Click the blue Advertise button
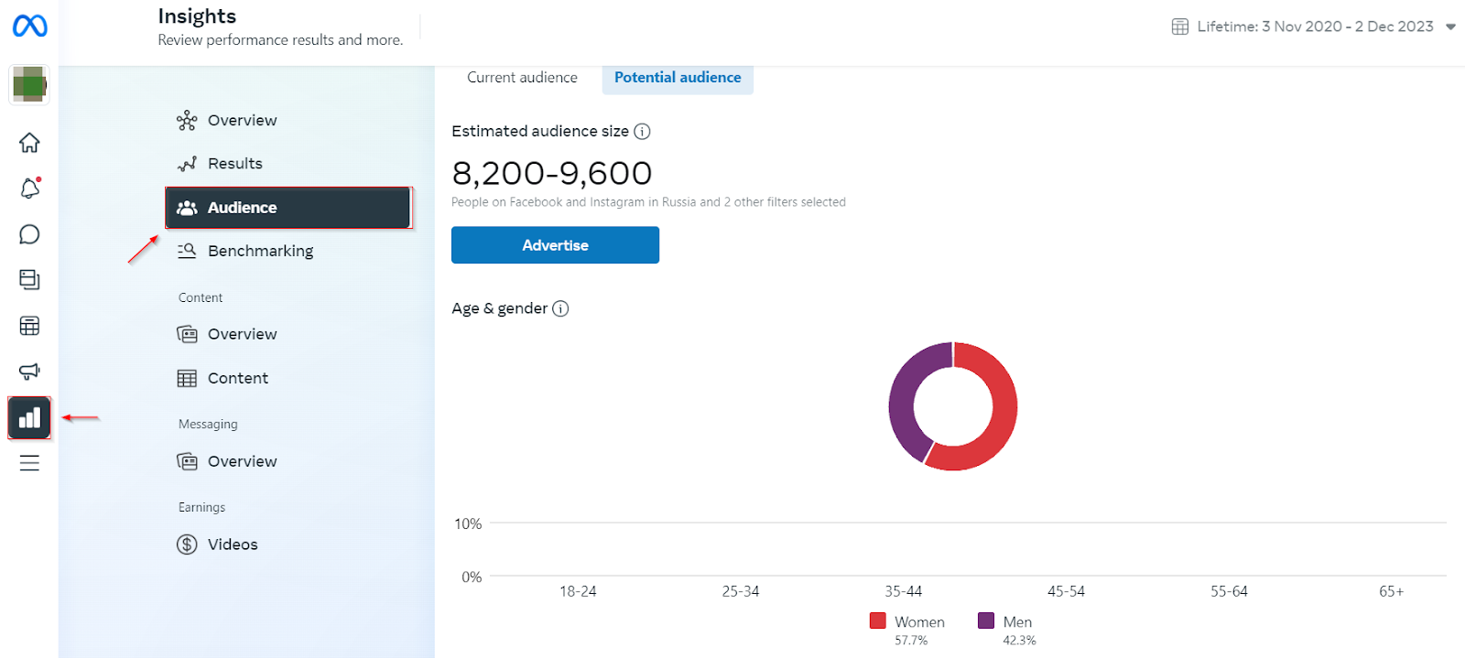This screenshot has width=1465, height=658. pyautogui.click(x=555, y=245)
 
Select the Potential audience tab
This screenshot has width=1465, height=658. pyautogui.click(x=678, y=78)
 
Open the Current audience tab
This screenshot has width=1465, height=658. pyautogui.click(x=522, y=78)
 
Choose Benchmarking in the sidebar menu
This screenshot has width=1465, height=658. pyautogui.click(x=260, y=251)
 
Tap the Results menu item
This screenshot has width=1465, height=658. pyautogui.click(x=234, y=164)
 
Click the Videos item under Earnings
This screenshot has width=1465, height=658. pyautogui.click(x=233, y=545)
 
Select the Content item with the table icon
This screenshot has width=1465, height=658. pyautogui.click(x=237, y=378)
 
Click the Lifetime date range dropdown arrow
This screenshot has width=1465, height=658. pyautogui.click(x=1450, y=27)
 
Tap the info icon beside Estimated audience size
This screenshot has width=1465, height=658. pyautogui.click(x=643, y=132)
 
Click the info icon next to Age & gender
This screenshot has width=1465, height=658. pyautogui.click(x=560, y=308)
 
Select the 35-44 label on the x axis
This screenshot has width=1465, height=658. pyautogui.click(x=903, y=591)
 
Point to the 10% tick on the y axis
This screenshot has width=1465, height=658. pyautogui.click(x=468, y=523)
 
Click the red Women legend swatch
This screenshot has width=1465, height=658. pyautogui.click(x=878, y=620)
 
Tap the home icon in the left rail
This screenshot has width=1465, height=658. pyautogui.click(x=29, y=143)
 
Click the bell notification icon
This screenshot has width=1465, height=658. pyautogui.click(x=29, y=189)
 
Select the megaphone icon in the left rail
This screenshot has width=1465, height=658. pyautogui.click(x=29, y=372)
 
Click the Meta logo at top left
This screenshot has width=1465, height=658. pyautogui.click(x=29, y=27)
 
